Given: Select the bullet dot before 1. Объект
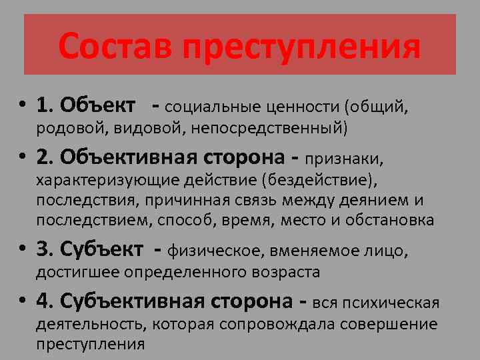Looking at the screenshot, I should (x=23, y=105).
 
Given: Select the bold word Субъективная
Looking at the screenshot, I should (x=127, y=302).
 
